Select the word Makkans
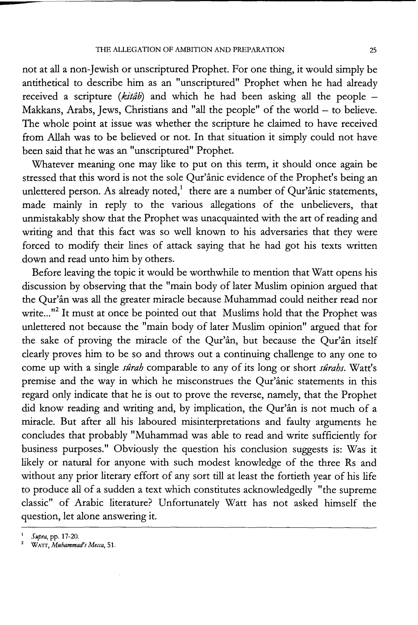(x=41, y=110)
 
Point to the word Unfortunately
(x=189, y=503)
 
